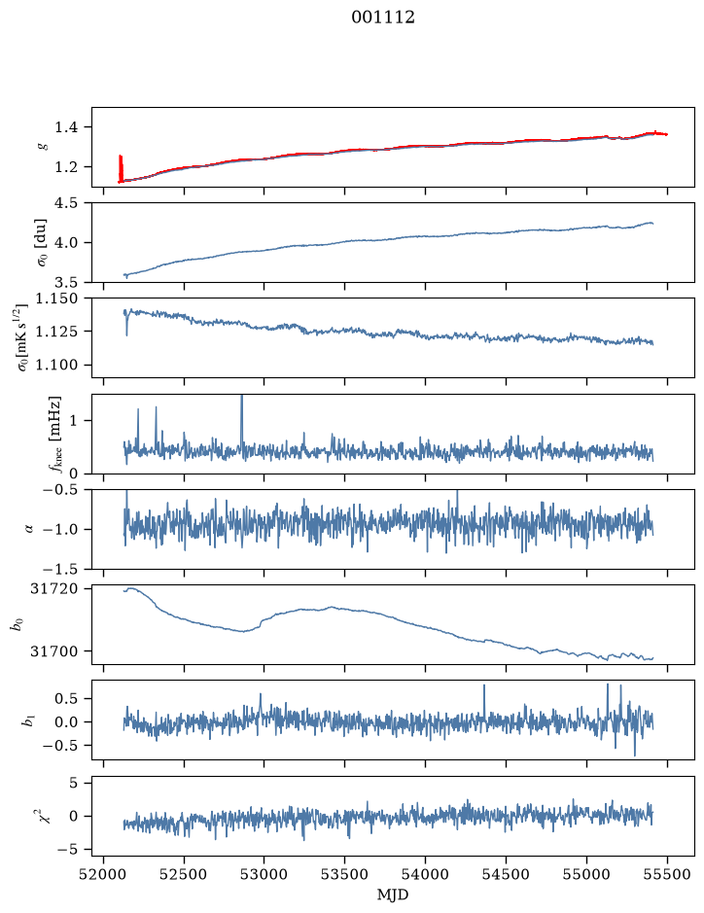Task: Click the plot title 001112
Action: click(383, 18)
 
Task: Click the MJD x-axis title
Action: click(393, 895)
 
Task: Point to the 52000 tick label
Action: click(104, 874)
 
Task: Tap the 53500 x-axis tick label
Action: click(345, 874)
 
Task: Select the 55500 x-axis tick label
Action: click(667, 874)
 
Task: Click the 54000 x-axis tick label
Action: click(425, 874)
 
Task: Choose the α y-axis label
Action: click(29, 529)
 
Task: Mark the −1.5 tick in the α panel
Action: click(60, 569)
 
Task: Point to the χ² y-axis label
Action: click(44, 815)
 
